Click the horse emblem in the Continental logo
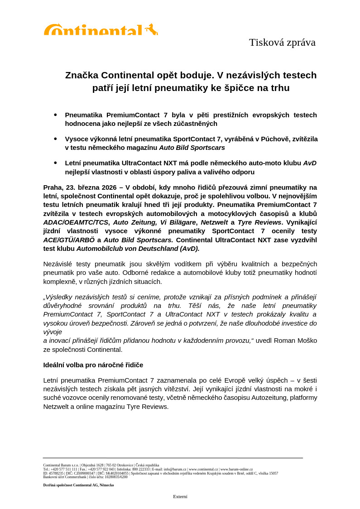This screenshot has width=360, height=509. click(x=151, y=29)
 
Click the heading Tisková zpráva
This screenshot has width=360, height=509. click(x=282, y=42)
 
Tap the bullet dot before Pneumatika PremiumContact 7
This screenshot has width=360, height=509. click(x=55, y=115)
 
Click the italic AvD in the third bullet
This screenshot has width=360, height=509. click(x=310, y=163)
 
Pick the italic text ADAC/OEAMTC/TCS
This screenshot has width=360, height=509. click(x=76, y=222)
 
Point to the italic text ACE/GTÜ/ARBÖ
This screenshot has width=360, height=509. click(x=69, y=240)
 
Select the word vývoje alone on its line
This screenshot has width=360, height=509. click(x=53, y=332)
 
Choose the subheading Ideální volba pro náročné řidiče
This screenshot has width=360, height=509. click(x=93, y=365)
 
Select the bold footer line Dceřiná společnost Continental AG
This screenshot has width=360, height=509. click(x=78, y=485)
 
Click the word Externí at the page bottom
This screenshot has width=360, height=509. click(x=180, y=496)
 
